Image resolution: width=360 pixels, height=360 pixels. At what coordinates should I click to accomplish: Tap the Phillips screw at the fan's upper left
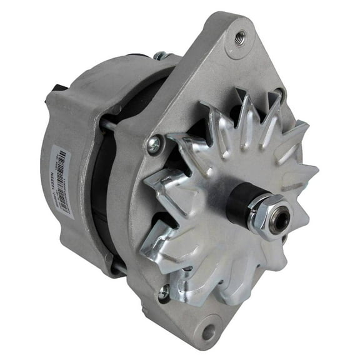click(x=152, y=144)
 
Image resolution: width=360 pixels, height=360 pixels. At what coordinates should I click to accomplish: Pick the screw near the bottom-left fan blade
click(x=164, y=290)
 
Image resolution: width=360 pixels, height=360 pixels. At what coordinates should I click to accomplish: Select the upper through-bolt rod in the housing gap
click(x=108, y=126)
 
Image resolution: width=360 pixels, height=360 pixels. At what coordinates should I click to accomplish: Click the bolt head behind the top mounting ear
click(x=160, y=56)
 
